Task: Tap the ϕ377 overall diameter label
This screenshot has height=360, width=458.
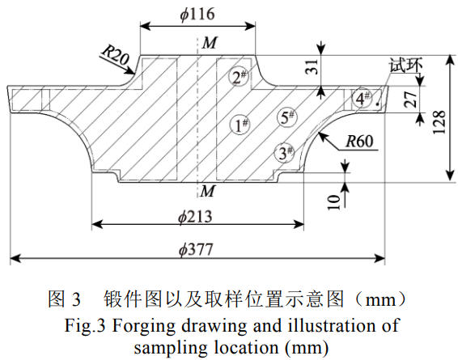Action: (x=197, y=250)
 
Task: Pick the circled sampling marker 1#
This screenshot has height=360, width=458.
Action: (x=240, y=125)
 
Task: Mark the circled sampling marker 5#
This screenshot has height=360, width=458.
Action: (x=286, y=117)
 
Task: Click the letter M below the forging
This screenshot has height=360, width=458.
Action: (x=209, y=191)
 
